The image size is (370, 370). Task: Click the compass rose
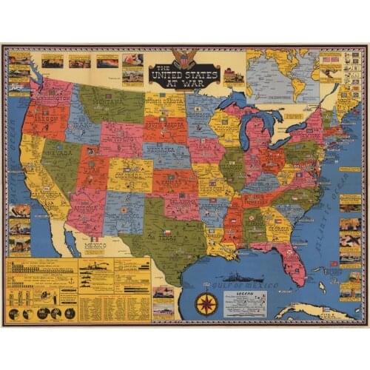click(206, 303)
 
